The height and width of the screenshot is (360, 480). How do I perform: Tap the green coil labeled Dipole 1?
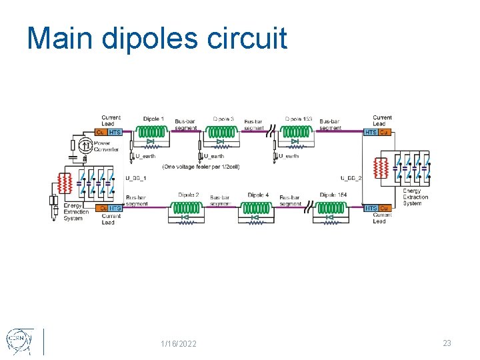coord(152,131)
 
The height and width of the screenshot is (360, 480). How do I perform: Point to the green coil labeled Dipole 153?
coord(297,131)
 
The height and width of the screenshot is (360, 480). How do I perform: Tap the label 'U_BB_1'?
coord(136,178)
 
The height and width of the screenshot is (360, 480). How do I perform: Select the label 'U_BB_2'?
coord(351,178)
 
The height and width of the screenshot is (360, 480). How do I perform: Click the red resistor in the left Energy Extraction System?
coord(65,182)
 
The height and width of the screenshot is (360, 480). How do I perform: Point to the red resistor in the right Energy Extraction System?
coord(381,168)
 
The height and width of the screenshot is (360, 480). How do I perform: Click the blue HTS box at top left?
coord(115,132)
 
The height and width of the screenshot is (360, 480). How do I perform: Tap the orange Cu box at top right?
coord(384,132)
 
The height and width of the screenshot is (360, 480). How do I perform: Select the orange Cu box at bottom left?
coord(103,208)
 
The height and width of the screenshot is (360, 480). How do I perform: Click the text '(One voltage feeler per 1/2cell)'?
coord(201,166)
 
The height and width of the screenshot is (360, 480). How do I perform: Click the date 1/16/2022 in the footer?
coord(179,343)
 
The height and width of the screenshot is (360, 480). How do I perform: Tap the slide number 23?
coord(447,343)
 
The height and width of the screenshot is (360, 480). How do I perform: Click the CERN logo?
coord(18,341)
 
